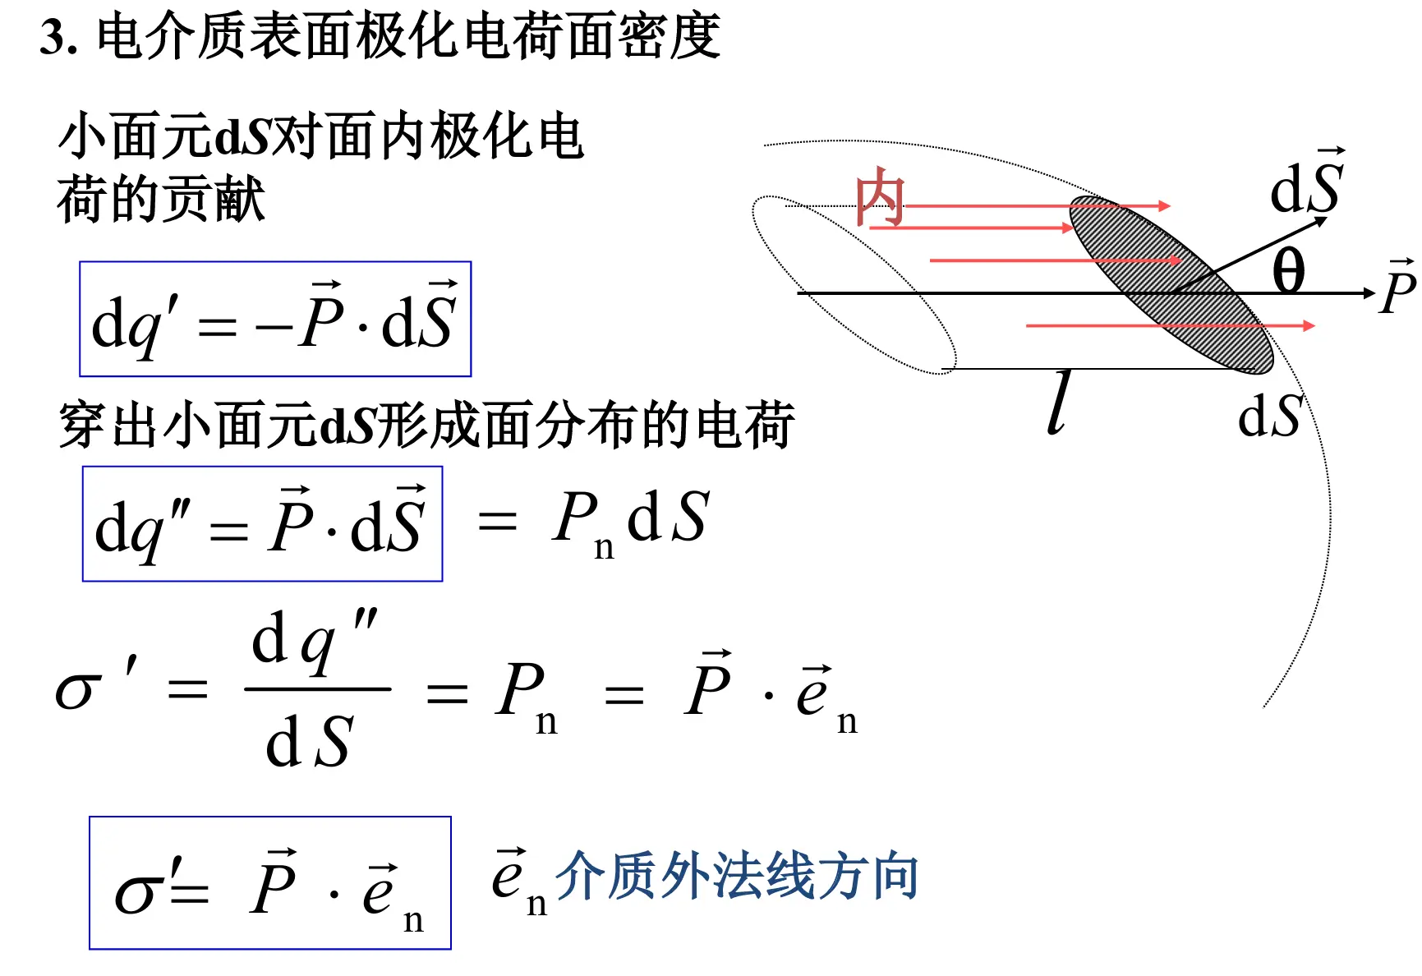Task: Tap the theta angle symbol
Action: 1288,270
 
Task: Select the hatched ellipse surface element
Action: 1171,284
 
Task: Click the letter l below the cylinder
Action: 1060,403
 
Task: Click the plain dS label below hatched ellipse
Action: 1269,417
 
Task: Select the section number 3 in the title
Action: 54,38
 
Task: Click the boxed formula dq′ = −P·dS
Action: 275,320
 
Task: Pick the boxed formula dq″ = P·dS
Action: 262,524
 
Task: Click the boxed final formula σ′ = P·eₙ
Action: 270,883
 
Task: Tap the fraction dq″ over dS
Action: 316,688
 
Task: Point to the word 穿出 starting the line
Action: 111,425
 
